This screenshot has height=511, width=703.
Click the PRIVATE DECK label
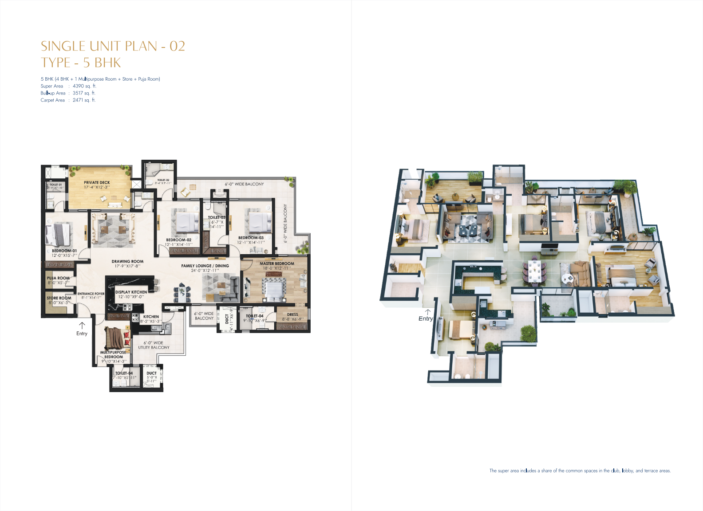(97, 182)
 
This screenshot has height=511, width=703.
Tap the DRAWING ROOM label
(127, 261)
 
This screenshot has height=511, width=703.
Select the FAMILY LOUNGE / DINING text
(205, 266)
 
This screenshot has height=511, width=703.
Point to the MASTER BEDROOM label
(276, 263)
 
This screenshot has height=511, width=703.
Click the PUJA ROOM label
(58, 278)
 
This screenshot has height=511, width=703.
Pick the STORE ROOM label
(59, 298)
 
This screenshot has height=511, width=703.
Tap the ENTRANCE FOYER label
(91, 294)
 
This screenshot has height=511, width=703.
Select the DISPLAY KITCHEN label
(131, 292)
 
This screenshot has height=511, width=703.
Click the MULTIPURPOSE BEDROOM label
(113, 354)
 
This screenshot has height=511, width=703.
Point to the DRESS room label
(292, 314)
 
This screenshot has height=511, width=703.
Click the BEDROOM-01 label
(64, 251)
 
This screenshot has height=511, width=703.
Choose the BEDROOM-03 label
(251, 238)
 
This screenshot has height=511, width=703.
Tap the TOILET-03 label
(217, 217)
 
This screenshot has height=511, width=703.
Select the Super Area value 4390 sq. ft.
(84, 86)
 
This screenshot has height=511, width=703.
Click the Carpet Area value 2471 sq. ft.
(84, 100)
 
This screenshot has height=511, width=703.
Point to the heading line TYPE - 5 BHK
(81, 63)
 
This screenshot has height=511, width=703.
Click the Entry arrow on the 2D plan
(82, 326)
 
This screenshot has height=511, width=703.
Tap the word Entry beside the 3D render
(425, 318)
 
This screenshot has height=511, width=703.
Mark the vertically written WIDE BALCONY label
(285, 224)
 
